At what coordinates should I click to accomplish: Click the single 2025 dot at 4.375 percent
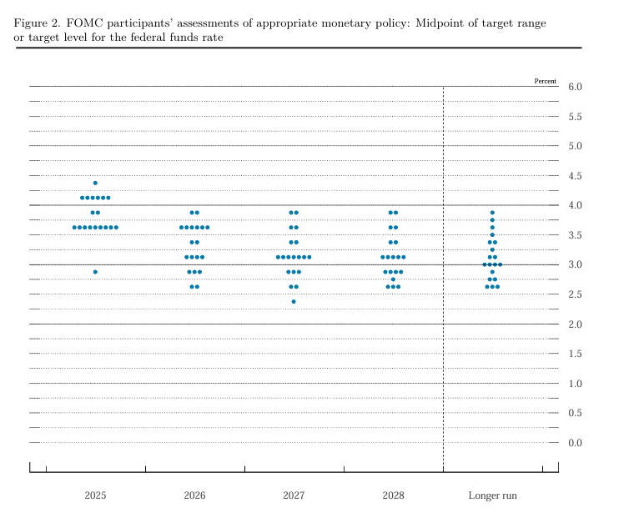[x=95, y=183]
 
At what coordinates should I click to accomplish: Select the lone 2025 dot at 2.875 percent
[x=95, y=272]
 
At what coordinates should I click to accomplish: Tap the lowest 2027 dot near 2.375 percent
[x=294, y=301]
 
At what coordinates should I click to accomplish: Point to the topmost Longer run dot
[x=492, y=213]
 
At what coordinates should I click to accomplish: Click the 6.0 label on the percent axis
[x=575, y=87]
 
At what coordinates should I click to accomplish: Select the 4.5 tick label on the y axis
[x=575, y=176]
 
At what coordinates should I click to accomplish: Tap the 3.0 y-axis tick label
[x=575, y=265]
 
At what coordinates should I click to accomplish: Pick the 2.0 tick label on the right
[x=575, y=324]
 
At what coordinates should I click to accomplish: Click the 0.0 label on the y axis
[x=575, y=443]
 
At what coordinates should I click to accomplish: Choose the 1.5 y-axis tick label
[x=575, y=355]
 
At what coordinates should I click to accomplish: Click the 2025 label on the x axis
[x=95, y=495]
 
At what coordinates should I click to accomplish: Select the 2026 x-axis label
[x=194, y=495]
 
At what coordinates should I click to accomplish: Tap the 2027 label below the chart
[x=294, y=495]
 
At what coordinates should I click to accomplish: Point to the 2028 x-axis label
[x=393, y=495]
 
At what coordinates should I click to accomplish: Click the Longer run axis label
[x=492, y=495]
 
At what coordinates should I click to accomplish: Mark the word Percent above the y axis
[x=545, y=81]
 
